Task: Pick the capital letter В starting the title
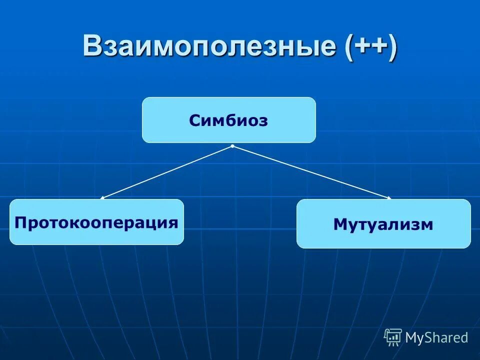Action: coord(93,46)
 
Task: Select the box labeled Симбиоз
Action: coord(229,120)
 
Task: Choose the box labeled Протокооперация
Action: coord(96,222)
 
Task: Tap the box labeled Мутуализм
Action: coord(383,223)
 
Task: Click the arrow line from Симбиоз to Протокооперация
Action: coord(167,172)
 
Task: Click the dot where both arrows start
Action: coord(233,146)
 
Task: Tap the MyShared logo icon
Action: coord(393,337)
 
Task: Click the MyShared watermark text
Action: coord(436,338)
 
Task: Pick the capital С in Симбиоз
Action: coord(195,121)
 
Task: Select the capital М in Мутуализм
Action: coord(339,225)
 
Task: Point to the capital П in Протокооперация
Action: coord(20,222)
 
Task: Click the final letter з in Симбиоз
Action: coord(263,121)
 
